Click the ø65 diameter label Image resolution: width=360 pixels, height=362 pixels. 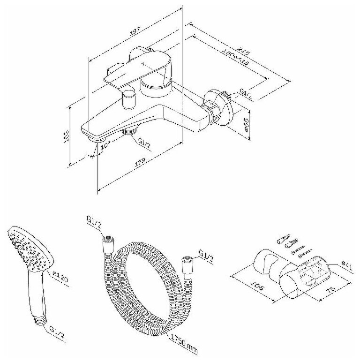248,125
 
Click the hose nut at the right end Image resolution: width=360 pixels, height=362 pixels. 187,259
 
